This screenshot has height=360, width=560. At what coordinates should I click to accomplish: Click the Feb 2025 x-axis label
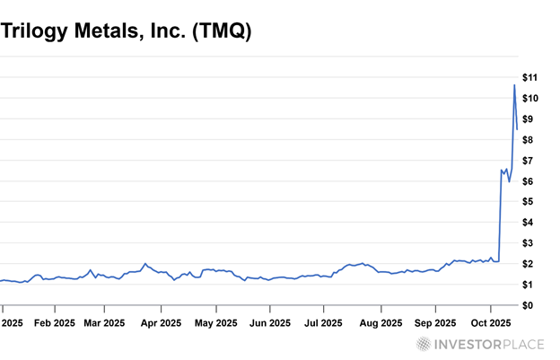[53, 322]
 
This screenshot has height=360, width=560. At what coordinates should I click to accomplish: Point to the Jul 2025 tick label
[322, 322]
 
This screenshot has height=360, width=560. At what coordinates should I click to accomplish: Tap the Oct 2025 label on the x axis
[492, 322]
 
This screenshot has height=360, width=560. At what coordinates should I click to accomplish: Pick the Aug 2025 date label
[379, 322]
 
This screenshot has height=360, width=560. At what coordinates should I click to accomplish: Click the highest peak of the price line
[514, 85]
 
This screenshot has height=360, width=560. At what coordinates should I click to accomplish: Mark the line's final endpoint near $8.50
[517, 129]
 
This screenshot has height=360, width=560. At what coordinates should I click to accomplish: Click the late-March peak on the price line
[145, 264]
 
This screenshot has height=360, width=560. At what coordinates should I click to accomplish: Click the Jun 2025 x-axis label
[268, 322]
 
